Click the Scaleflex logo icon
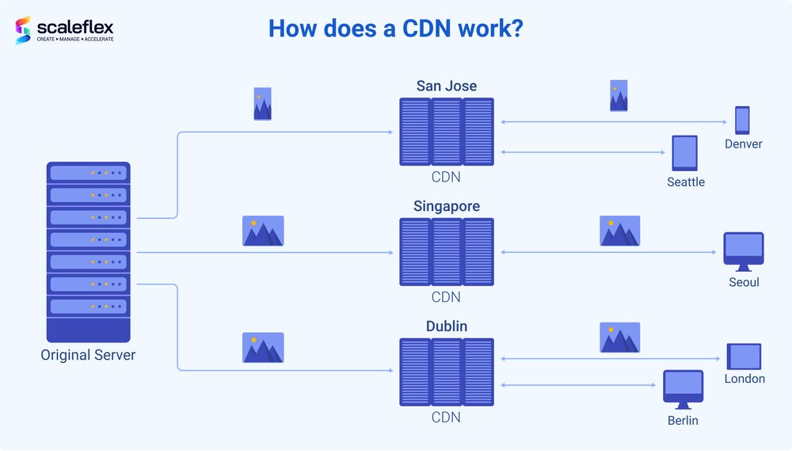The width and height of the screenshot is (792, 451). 23,30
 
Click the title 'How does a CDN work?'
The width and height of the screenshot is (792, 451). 395,29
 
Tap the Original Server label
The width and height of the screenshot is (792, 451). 88,355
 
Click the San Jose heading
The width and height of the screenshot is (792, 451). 447,86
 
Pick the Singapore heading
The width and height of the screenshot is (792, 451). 447,206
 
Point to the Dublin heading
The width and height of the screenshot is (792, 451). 447,327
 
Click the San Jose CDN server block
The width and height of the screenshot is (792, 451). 447,132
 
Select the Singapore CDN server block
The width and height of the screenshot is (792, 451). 447,252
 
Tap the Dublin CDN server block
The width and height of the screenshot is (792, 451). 447,373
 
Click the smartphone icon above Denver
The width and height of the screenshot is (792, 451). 742,120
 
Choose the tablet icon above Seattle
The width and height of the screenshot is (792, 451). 684,153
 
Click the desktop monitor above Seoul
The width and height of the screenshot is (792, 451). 744,251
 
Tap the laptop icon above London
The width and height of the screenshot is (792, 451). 744,356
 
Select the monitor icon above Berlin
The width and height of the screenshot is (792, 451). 683,389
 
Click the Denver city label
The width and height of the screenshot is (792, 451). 744,144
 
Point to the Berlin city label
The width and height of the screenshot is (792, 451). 683,420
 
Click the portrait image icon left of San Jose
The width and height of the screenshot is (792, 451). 262,104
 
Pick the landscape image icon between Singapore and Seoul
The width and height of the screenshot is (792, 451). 619,231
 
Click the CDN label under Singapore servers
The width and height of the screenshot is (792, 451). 446,297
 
